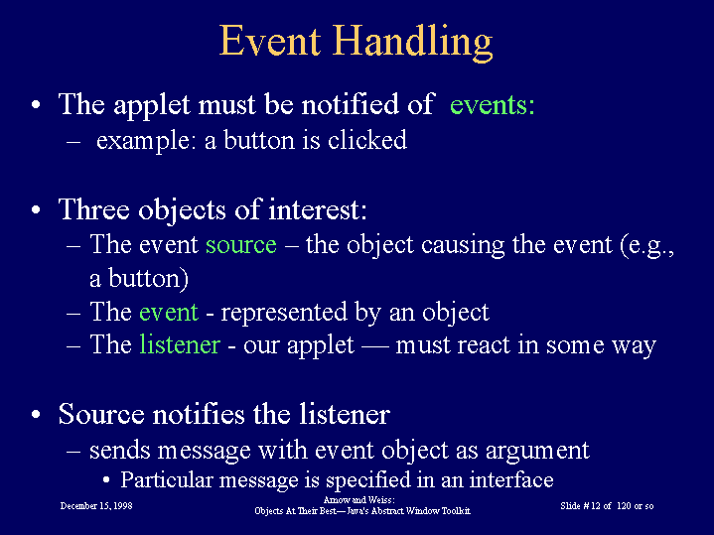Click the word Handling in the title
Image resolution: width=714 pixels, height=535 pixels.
[x=412, y=42]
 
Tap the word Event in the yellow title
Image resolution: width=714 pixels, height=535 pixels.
[x=270, y=41]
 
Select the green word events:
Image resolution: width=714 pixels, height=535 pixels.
[x=493, y=105]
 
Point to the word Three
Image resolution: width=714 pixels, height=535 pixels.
[x=94, y=209]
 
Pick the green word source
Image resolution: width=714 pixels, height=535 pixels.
[x=241, y=245]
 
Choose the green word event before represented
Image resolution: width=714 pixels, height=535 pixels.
[x=169, y=313]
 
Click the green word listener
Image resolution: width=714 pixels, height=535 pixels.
[x=180, y=344]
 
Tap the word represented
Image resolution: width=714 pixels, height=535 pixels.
[x=284, y=313]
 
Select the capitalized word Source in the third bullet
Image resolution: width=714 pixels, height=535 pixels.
[x=101, y=414]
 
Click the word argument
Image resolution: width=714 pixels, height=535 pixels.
[x=537, y=451]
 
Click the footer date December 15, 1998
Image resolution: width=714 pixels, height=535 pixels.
[x=96, y=506]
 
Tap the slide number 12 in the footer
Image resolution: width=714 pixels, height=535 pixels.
[x=596, y=506]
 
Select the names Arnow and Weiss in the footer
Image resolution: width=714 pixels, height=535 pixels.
[x=358, y=500]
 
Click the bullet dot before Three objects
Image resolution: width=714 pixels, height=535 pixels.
[x=37, y=209]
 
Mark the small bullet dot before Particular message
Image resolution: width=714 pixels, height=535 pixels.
[x=106, y=479]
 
